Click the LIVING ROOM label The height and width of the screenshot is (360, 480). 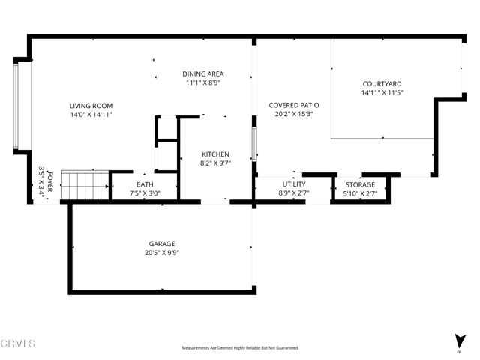[91, 106]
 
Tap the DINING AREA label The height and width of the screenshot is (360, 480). [202, 73]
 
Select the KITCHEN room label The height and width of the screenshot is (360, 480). [215, 154]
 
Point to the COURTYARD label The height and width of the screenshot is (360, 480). [382, 83]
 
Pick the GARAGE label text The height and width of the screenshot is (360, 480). [161, 244]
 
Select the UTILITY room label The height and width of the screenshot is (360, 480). [294, 184]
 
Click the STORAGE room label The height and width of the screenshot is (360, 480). [360, 184]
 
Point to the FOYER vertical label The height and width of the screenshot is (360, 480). [50, 181]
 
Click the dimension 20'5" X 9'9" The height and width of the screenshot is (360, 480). [161, 253]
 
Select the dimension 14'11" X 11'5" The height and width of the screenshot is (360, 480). [382, 92]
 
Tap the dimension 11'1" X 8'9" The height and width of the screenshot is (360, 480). [202, 82]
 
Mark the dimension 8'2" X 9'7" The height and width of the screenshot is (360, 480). [215, 163]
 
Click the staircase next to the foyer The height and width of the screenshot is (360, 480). [84, 185]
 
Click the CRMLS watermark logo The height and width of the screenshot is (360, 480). [18, 344]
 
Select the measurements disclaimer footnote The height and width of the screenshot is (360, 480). [240, 348]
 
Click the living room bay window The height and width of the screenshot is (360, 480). [19, 106]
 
